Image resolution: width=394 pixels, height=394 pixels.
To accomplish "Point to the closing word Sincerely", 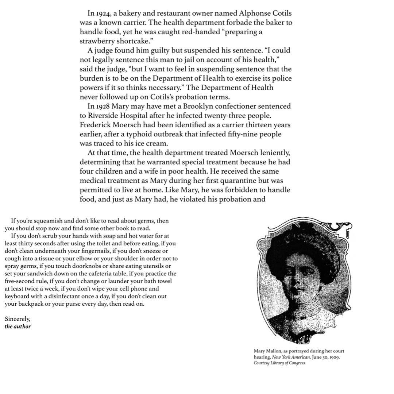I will pyautogui.click(x=18, y=319).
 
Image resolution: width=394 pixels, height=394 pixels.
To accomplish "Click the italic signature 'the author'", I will pyautogui.click(x=18, y=327).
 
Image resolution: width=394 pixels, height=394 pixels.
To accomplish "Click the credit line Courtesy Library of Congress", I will pyautogui.click(x=279, y=363).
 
